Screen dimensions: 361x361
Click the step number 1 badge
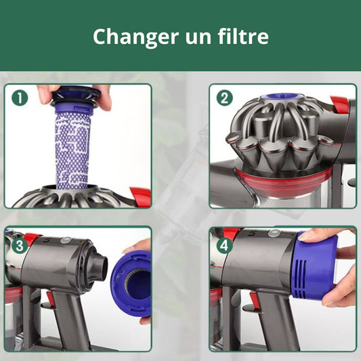click(x=20, y=98)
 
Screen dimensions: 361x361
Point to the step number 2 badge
click(x=225, y=98)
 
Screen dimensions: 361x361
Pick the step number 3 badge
click(x=20, y=245)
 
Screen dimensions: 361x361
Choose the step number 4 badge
click(x=224, y=245)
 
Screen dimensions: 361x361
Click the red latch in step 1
click(x=140, y=196)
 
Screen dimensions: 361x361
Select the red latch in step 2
click(x=339, y=104)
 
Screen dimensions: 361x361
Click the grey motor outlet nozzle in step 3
click(x=100, y=265)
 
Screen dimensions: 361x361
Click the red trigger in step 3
click(x=50, y=299)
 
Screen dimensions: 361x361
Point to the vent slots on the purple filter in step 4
click(x=301, y=278)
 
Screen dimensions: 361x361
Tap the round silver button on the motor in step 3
click(x=64, y=240)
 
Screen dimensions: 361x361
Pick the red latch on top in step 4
click(x=231, y=234)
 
